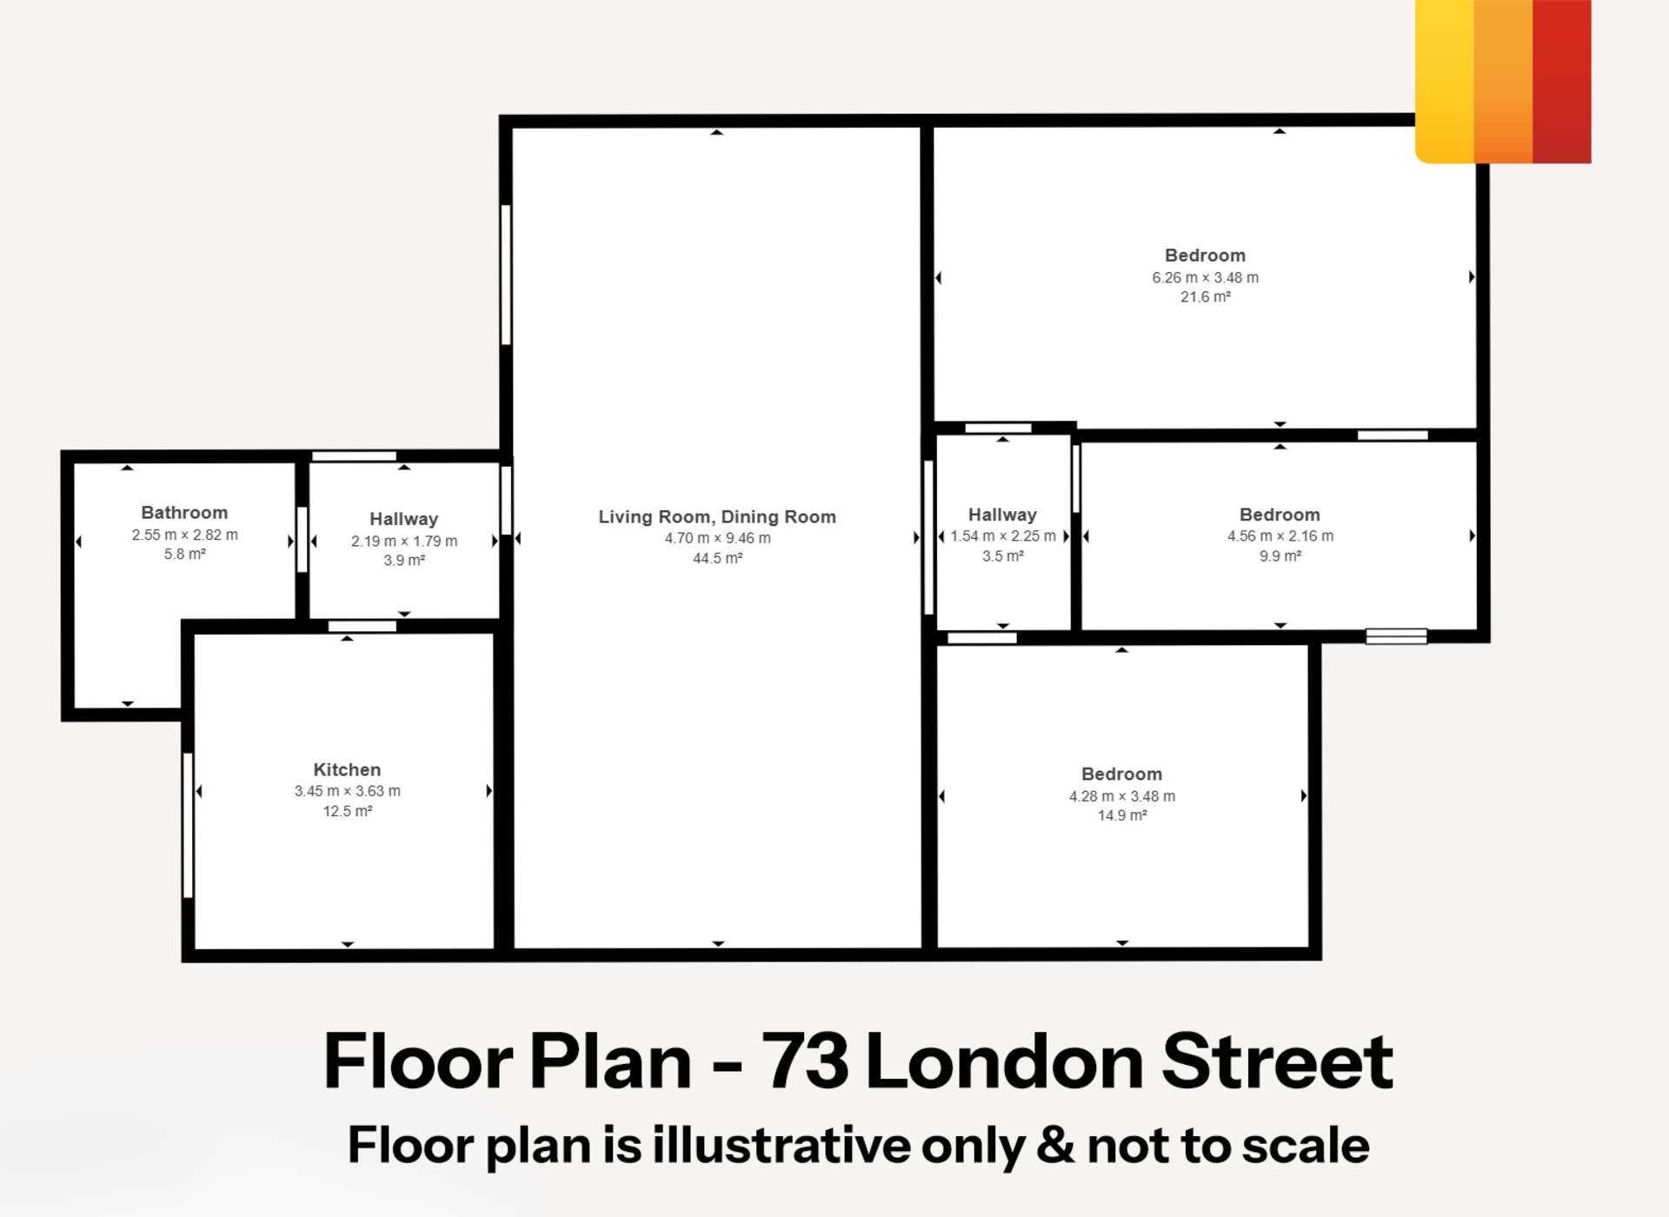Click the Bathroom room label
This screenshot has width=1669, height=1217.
coord(184,513)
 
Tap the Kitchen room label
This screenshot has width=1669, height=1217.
coord(347,769)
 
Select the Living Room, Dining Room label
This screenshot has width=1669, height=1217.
coord(717,516)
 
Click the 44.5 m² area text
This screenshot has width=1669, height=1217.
coord(718,558)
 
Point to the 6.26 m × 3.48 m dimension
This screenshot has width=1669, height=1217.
coord(1206,277)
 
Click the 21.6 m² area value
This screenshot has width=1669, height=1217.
coord(1206,297)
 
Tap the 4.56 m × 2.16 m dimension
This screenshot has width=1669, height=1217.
coord(1280,535)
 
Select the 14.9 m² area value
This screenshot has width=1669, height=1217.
coord(1122,815)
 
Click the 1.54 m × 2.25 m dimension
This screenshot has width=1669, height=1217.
coord(1003,535)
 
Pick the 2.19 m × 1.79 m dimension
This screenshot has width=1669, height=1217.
coord(404,541)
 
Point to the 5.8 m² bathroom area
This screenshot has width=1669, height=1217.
coord(185,554)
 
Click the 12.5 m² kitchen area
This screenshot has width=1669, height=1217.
coord(348,811)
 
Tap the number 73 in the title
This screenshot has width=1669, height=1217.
coord(805,1061)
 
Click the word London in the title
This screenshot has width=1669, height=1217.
coord(1004,1061)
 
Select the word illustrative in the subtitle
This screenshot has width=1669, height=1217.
coord(784,1145)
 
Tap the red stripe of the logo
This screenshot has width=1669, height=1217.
coord(1562,82)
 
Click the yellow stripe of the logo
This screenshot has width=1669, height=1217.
coord(1445,82)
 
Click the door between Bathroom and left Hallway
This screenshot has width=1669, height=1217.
coord(302,540)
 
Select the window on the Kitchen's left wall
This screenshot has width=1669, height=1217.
coord(188,825)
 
